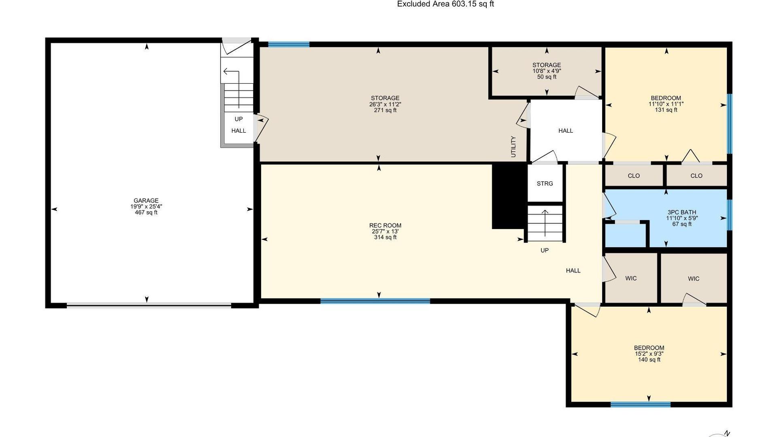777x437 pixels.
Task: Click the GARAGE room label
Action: tap(146, 200)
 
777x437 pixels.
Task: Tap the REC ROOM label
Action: tap(385, 225)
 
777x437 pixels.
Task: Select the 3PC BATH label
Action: tap(682, 212)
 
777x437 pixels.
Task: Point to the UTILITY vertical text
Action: tap(513, 146)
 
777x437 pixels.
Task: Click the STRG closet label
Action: tap(545, 184)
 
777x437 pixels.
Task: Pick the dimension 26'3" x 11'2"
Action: tap(385, 104)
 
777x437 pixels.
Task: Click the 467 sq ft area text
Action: tap(146, 212)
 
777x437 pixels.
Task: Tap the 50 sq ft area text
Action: tap(547, 77)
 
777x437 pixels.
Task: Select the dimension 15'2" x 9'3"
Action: tap(649, 354)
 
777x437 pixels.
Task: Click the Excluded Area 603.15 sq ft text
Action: tap(445, 4)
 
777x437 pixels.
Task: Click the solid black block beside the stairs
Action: tap(509, 196)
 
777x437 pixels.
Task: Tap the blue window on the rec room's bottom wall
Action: tap(375, 301)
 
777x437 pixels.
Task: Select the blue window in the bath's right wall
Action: tap(730, 215)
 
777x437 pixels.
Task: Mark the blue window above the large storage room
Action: tap(289, 44)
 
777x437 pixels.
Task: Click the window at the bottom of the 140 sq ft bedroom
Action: tap(641, 404)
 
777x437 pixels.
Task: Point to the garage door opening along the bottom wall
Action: tap(149, 305)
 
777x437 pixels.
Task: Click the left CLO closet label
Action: tap(634, 176)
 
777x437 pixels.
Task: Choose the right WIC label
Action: tap(694, 279)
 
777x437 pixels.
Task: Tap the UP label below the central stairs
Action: tap(545, 250)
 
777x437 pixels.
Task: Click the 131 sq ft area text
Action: tap(666, 110)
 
